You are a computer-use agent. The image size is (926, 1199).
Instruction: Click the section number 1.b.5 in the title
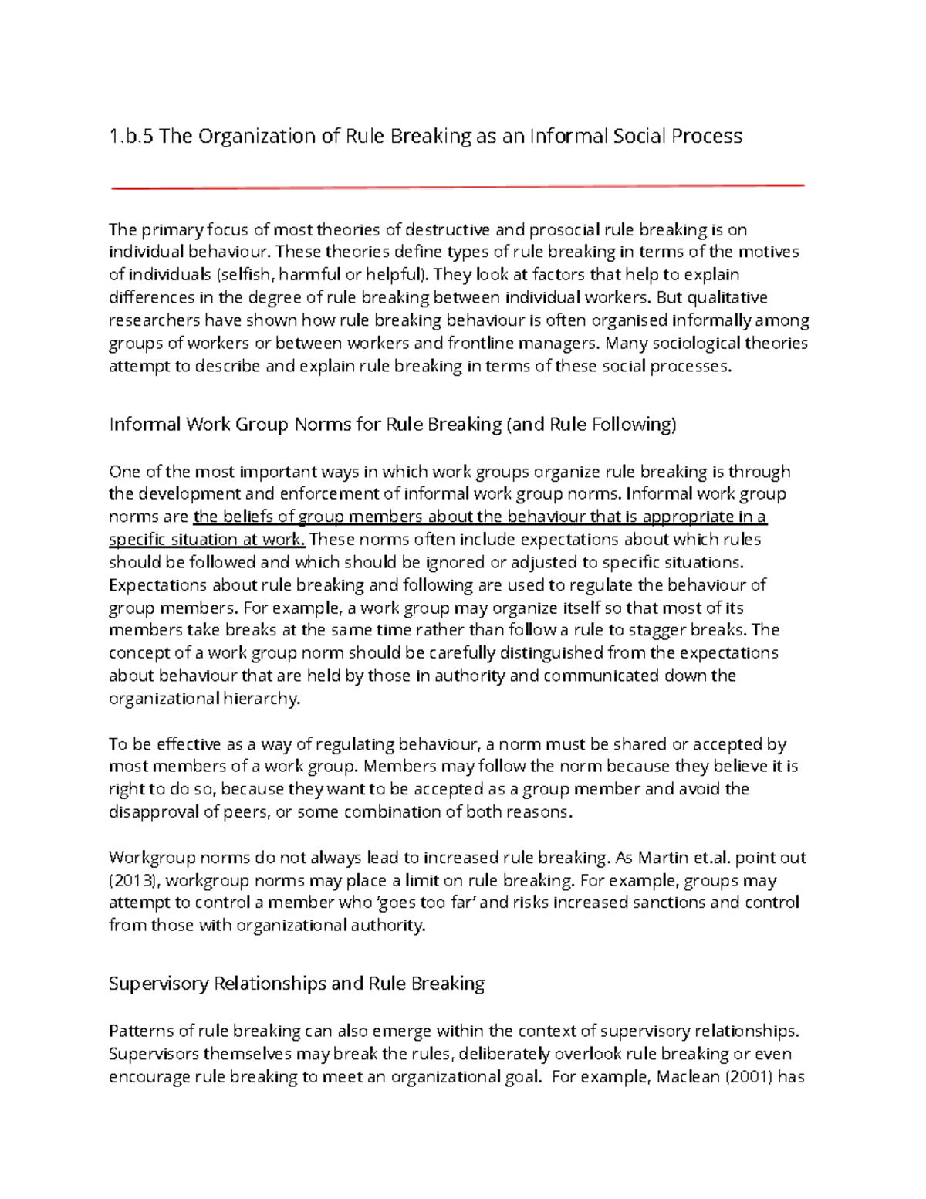[x=131, y=137]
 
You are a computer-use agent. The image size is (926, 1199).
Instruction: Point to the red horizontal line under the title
[x=458, y=186]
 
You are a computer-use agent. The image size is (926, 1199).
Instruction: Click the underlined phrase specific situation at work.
[x=207, y=539]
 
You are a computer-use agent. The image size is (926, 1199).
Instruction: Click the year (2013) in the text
[x=134, y=881]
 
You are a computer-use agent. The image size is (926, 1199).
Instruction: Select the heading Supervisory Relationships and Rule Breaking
[x=296, y=984]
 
